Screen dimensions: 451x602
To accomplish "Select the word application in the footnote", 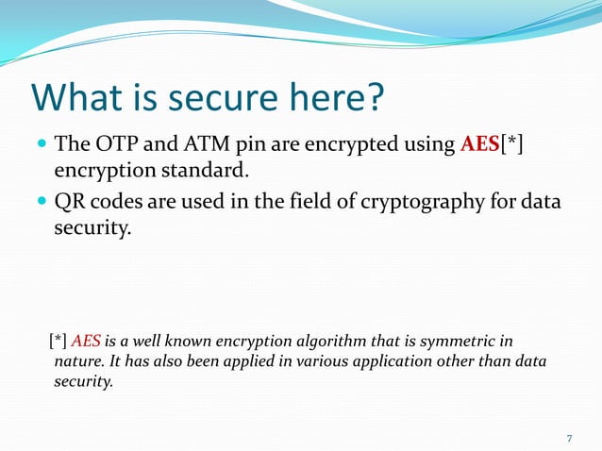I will click(370, 361).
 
